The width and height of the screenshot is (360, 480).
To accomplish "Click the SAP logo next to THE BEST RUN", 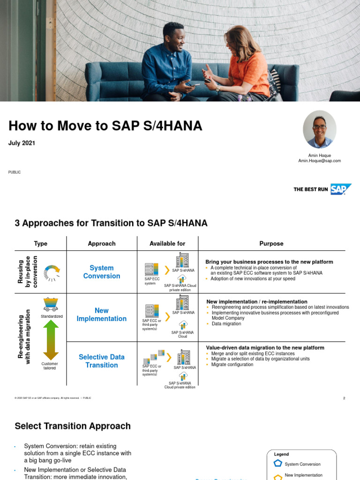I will click(x=341, y=189).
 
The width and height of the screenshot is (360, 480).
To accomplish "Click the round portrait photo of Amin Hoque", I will click(x=320, y=130).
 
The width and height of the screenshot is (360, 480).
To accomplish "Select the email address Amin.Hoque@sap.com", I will click(x=319, y=161).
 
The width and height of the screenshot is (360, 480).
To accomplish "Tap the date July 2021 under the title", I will click(x=22, y=143).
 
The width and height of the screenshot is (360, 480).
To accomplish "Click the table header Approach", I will click(x=102, y=244).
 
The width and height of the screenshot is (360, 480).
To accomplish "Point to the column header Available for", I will click(x=167, y=244).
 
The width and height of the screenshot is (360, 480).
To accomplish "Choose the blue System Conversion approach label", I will click(x=102, y=272).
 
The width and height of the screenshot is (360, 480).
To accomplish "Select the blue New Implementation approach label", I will click(x=102, y=315).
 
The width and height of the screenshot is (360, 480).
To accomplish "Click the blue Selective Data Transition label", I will click(x=102, y=361).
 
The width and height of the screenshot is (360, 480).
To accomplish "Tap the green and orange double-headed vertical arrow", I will click(x=50, y=340).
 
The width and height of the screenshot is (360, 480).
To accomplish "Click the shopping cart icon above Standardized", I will click(x=51, y=304).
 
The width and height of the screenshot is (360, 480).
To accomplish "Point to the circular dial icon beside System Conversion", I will click(x=52, y=273).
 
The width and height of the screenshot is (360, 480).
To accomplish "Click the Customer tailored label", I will click(x=50, y=366).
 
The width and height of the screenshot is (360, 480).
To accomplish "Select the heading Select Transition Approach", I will click(x=73, y=426).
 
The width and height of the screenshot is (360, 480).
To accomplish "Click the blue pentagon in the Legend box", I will click(x=277, y=464).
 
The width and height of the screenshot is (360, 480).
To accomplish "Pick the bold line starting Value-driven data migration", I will click(x=265, y=348).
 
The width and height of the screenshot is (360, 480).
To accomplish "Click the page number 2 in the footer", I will click(x=344, y=398).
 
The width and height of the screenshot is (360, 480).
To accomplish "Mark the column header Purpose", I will click(x=271, y=244).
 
